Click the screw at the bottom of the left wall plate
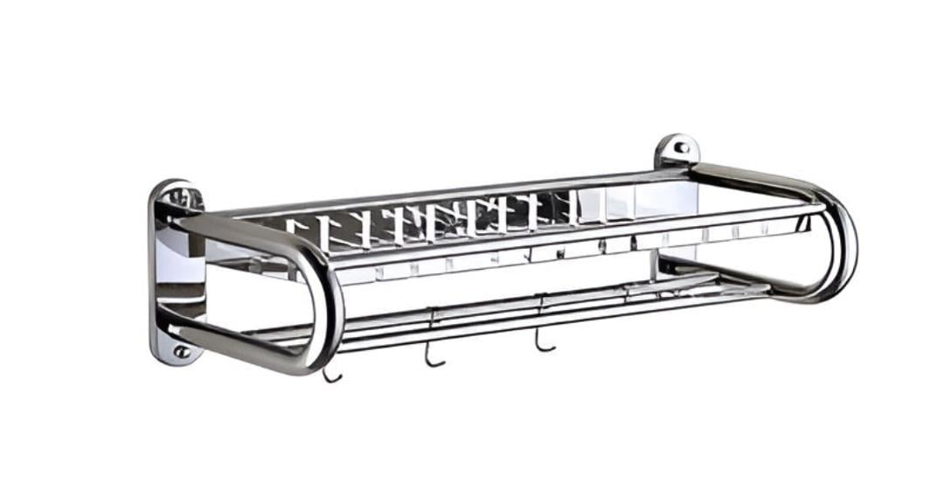(x=181, y=351)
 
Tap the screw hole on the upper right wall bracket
(x=680, y=148)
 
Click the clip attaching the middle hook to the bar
(x=433, y=315)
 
